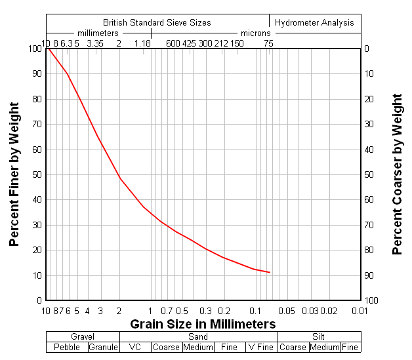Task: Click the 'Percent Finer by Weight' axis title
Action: tap(14, 174)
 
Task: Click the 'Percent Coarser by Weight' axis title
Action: tap(397, 174)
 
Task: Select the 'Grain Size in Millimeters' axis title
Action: tap(203, 324)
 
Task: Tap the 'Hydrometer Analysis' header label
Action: tap(314, 22)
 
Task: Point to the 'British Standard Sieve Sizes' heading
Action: tap(157, 22)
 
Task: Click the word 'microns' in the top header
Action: tap(255, 33)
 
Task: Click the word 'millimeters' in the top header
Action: tap(98, 33)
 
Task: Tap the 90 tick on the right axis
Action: tap(369, 275)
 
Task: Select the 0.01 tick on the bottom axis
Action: tap(360, 311)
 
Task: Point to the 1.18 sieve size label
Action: tap(142, 44)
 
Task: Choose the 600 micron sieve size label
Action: tap(173, 44)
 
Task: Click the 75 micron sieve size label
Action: tap(268, 44)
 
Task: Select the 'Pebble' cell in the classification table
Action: tap(67, 348)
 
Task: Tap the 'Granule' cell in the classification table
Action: tap(104, 348)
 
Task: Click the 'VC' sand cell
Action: tap(135, 348)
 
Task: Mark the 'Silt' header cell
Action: tap(319, 337)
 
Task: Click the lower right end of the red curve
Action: tap(270, 272)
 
